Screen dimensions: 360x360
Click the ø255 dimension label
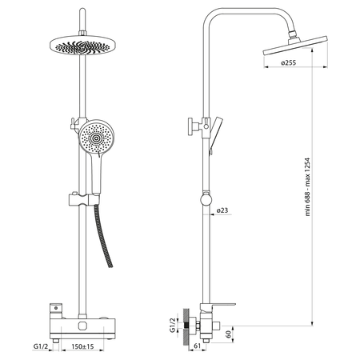(288, 63)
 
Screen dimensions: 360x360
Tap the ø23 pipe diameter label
(222, 210)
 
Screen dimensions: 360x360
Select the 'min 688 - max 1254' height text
(308, 186)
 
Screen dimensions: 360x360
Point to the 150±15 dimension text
(82, 346)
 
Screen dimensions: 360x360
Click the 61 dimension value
(197, 346)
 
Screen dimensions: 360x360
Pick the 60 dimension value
(229, 334)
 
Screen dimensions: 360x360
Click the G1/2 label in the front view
(41, 346)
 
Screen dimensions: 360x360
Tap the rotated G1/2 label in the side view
(174, 326)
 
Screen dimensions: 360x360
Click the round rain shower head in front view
(82, 46)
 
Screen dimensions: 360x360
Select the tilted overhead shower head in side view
(294, 46)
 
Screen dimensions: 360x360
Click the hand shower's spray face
(96, 138)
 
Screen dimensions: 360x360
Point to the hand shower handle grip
(96, 174)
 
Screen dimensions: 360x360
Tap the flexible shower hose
(103, 235)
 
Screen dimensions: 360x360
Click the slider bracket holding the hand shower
(84, 199)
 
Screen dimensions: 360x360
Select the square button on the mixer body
(82, 326)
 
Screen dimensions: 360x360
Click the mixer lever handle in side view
(219, 307)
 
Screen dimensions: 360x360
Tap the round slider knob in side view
(206, 200)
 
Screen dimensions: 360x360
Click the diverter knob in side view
(194, 126)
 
